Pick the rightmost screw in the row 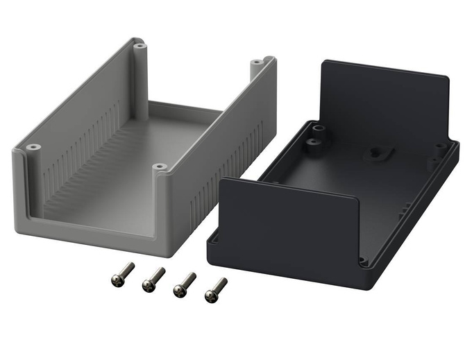(x=216, y=289)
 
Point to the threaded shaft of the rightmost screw (x=221, y=284)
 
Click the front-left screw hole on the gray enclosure (x=32, y=147)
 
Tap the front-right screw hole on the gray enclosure (x=160, y=167)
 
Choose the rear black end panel (x=385, y=104)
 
